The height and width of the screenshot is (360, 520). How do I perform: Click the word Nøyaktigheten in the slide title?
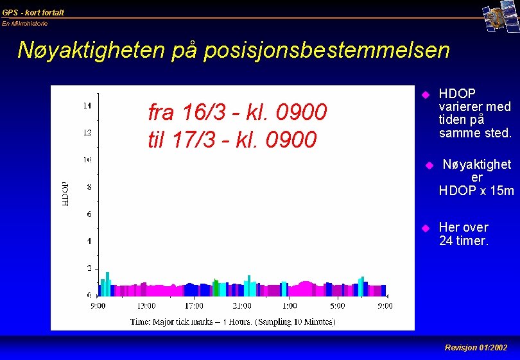pyautogui.click(x=91, y=50)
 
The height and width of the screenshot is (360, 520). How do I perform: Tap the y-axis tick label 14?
pyautogui.click(x=87, y=106)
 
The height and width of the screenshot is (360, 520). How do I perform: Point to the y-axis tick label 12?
pyautogui.click(x=87, y=133)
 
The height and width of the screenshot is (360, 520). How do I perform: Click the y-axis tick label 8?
pyautogui.click(x=89, y=187)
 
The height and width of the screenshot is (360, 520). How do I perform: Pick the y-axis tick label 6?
pyautogui.click(x=89, y=214)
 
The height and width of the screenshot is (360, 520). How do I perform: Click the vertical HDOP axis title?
pyautogui.click(x=65, y=193)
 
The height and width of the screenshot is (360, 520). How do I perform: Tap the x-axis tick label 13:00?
pyautogui.click(x=146, y=306)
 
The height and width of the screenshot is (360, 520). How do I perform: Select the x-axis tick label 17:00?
pyautogui.click(x=194, y=306)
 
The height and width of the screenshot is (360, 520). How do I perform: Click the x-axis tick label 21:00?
pyautogui.click(x=241, y=306)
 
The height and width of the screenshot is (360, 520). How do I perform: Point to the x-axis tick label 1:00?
pyautogui.click(x=290, y=306)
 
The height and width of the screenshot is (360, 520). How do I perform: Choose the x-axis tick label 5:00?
pyautogui.click(x=338, y=306)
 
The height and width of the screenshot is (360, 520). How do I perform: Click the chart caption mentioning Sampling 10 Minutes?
pyautogui.click(x=232, y=321)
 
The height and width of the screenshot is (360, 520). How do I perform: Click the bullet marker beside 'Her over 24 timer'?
pyautogui.click(x=424, y=228)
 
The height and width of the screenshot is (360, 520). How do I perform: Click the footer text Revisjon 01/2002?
pyautogui.click(x=476, y=347)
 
